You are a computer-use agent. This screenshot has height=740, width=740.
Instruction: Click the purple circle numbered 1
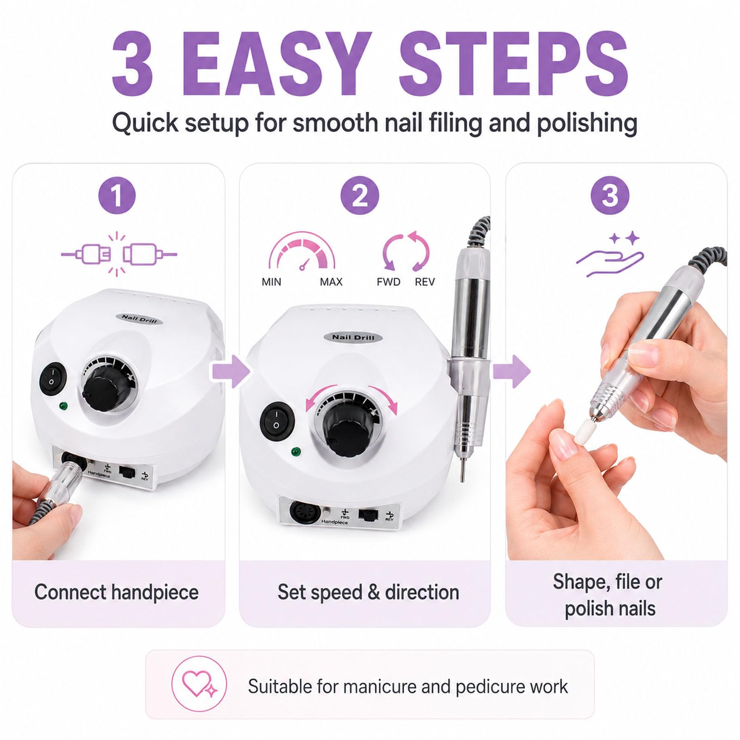click(117, 195)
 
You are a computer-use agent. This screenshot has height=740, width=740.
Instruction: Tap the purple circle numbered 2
click(360, 195)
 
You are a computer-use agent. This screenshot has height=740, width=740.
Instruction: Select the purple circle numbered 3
click(610, 195)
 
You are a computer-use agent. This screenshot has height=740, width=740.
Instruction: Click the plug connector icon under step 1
click(119, 254)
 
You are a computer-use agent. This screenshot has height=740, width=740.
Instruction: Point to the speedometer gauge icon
click(302, 251)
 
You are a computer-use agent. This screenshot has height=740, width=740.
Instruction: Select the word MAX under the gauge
click(331, 282)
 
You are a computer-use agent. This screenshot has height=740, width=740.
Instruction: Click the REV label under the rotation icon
click(425, 282)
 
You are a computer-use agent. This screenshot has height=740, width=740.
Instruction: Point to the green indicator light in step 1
click(63, 406)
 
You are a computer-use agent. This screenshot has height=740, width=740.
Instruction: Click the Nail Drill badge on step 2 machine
click(353, 337)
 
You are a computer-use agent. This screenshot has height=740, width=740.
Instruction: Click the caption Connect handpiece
click(117, 592)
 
